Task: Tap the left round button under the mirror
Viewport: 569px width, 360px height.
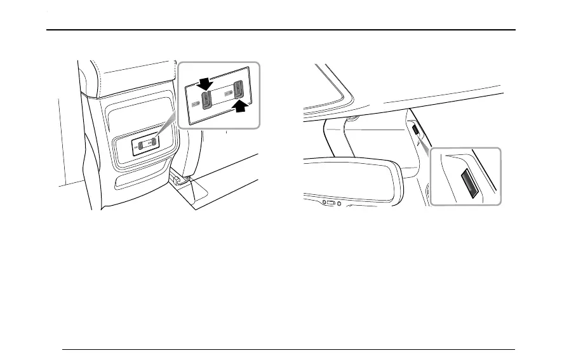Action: [x=325, y=203]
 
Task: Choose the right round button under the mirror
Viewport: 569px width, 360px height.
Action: [x=339, y=204]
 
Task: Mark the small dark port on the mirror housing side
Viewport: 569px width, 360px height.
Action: [x=414, y=130]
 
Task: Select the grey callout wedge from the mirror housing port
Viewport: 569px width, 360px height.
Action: [x=423, y=143]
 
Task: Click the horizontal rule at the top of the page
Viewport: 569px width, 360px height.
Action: [x=284, y=30]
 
